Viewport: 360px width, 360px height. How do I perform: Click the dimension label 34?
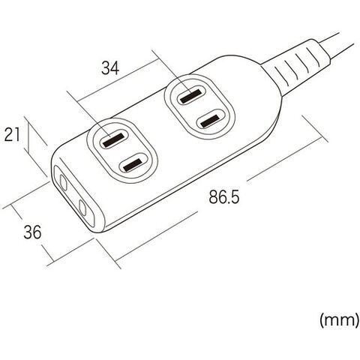tap(110, 68)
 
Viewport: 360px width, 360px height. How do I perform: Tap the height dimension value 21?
tap(12, 135)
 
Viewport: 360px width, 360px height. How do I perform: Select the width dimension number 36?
tap(32, 232)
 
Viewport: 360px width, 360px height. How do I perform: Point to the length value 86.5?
tap(224, 196)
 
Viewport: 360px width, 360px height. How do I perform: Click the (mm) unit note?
tap(339, 320)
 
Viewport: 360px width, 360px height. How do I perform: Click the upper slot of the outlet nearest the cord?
tap(190, 96)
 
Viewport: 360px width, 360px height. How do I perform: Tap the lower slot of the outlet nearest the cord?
tap(210, 121)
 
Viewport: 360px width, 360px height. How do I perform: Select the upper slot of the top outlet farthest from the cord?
tap(113, 140)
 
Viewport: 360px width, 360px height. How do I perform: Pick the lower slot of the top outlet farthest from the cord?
tap(133, 165)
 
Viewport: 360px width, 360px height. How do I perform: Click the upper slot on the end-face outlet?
tap(64, 182)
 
